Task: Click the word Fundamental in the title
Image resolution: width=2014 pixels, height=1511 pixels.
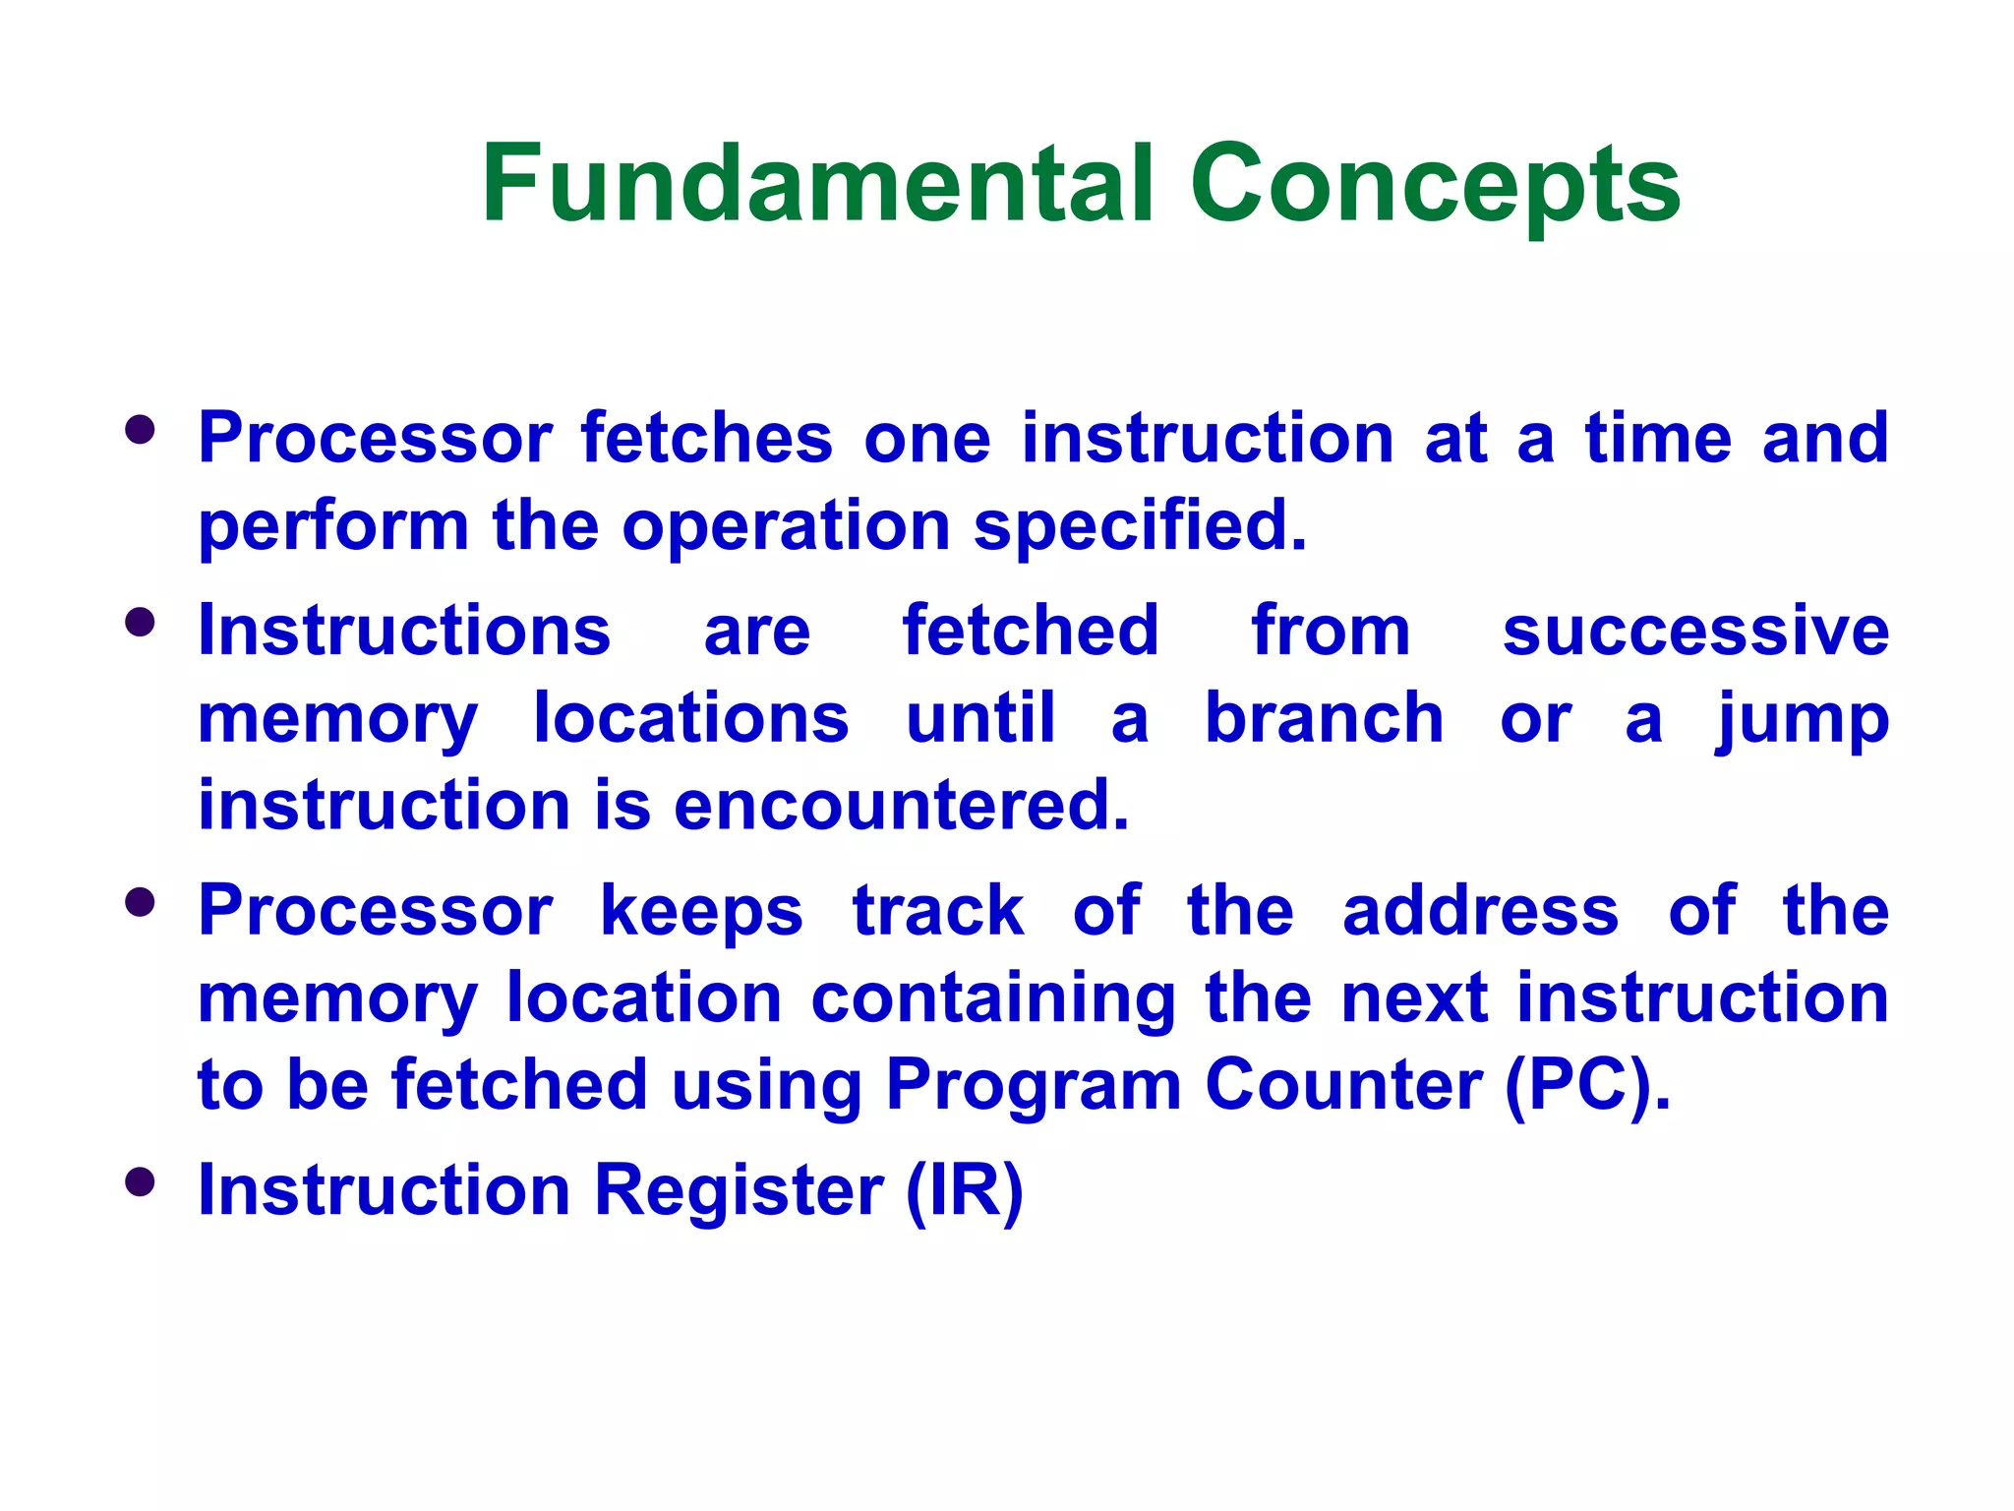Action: point(816,184)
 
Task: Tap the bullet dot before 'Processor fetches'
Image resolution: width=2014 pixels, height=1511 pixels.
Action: point(141,430)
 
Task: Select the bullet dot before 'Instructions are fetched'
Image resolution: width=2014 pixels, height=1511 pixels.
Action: point(141,622)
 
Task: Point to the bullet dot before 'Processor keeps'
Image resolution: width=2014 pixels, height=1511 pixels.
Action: point(141,902)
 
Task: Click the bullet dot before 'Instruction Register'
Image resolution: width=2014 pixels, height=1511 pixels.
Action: point(141,1181)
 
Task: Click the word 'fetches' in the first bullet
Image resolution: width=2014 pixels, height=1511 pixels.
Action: point(706,438)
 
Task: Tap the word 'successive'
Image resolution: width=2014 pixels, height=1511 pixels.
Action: point(1695,631)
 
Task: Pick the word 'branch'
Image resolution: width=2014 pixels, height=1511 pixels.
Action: point(1324,718)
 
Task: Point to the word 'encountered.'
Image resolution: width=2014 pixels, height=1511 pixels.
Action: point(901,806)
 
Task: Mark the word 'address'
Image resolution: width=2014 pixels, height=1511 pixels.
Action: point(1480,910)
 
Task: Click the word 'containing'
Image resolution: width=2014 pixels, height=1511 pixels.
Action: point(993,999)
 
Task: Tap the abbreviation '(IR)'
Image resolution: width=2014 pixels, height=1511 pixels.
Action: point(964,1191)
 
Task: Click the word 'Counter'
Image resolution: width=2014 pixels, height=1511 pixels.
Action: point(1343,1085)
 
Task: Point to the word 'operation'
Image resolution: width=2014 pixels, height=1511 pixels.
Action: point(786,527)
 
